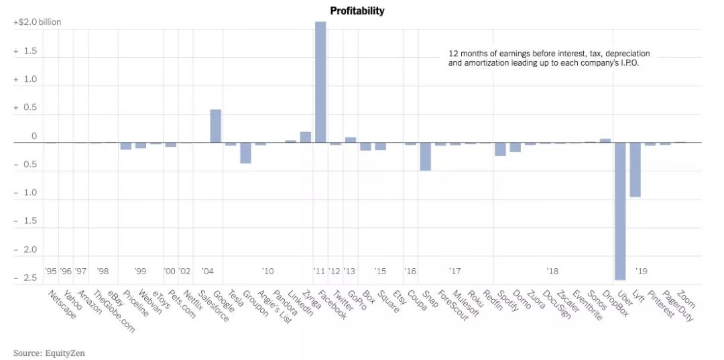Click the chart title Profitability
(x=357, y=11)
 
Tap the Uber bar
(x=620, y=211)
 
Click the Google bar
(x=216, y=126)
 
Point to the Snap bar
(x=425, y=156)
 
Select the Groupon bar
(x=245, y=153)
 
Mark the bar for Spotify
(x=500, y=149)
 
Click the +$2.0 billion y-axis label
(x=38, y=22)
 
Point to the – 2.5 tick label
(x=25, y=278)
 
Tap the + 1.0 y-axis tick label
(x=25, y=79)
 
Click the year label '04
(x=207, y=272)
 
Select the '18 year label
(x=552, y=272)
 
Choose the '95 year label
(x=51, y=272)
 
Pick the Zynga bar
(x=306, y=137)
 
